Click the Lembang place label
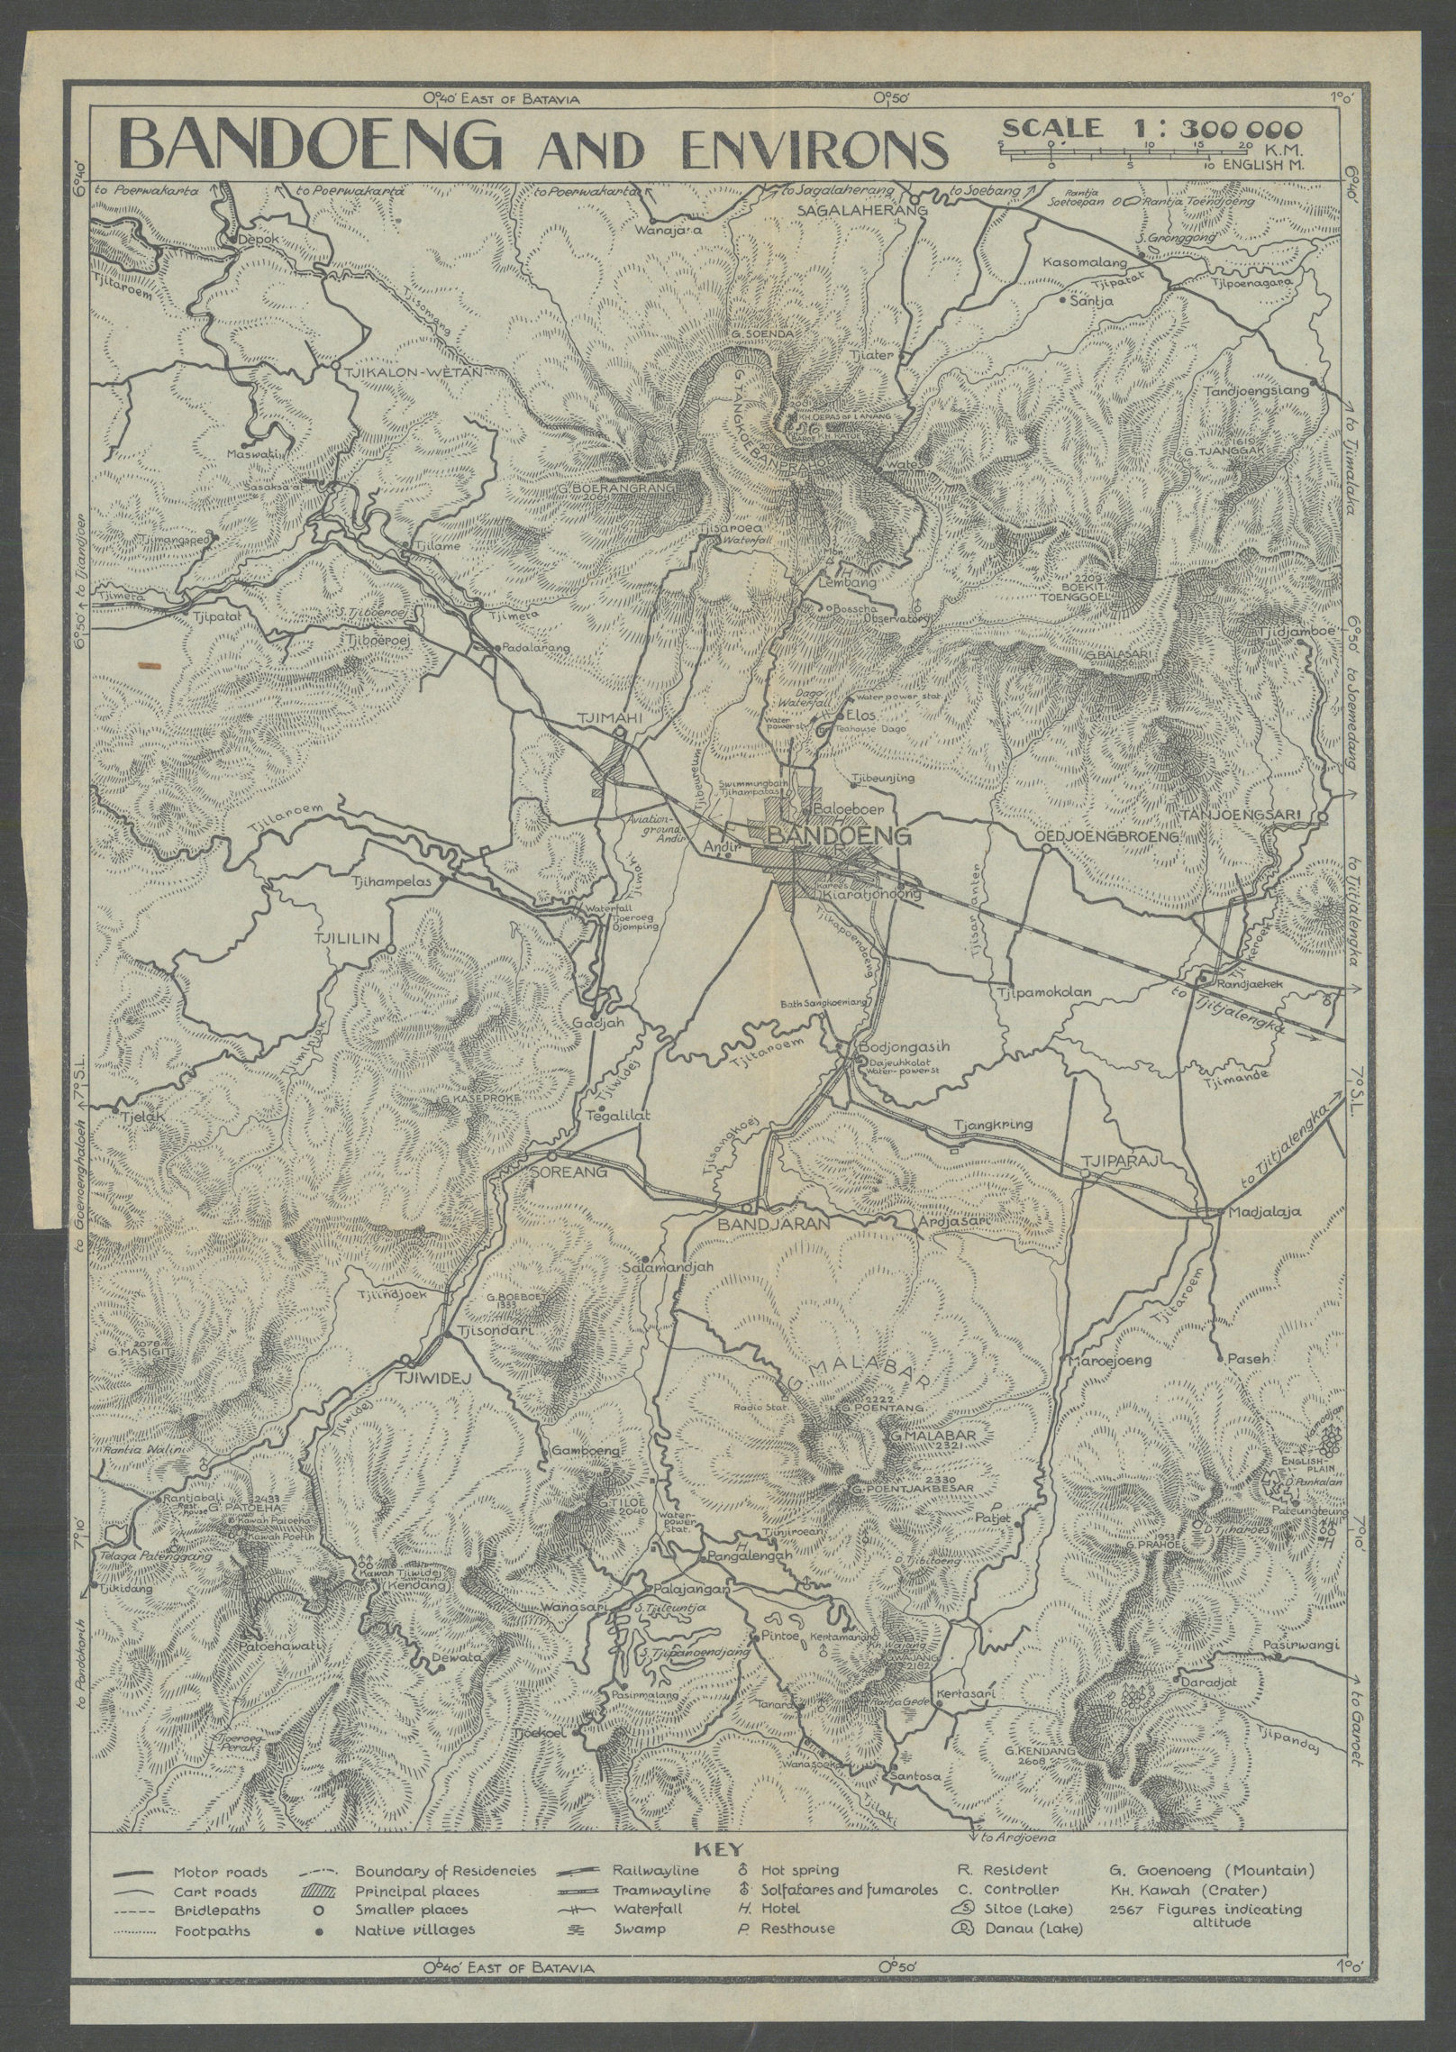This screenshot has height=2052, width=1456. [835, 583]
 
